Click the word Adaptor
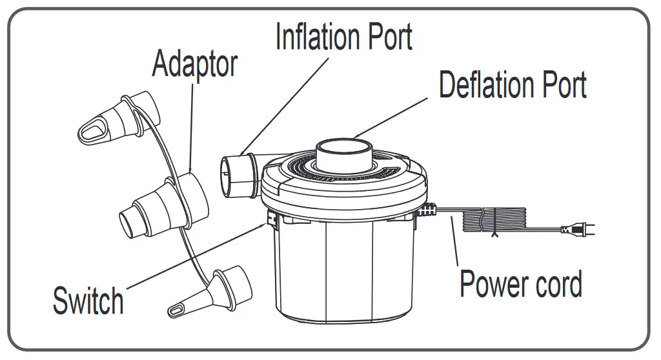coord(194,65)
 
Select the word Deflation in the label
coord(494,85)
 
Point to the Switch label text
coord(88,301)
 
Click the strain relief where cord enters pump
coord(429,210)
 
